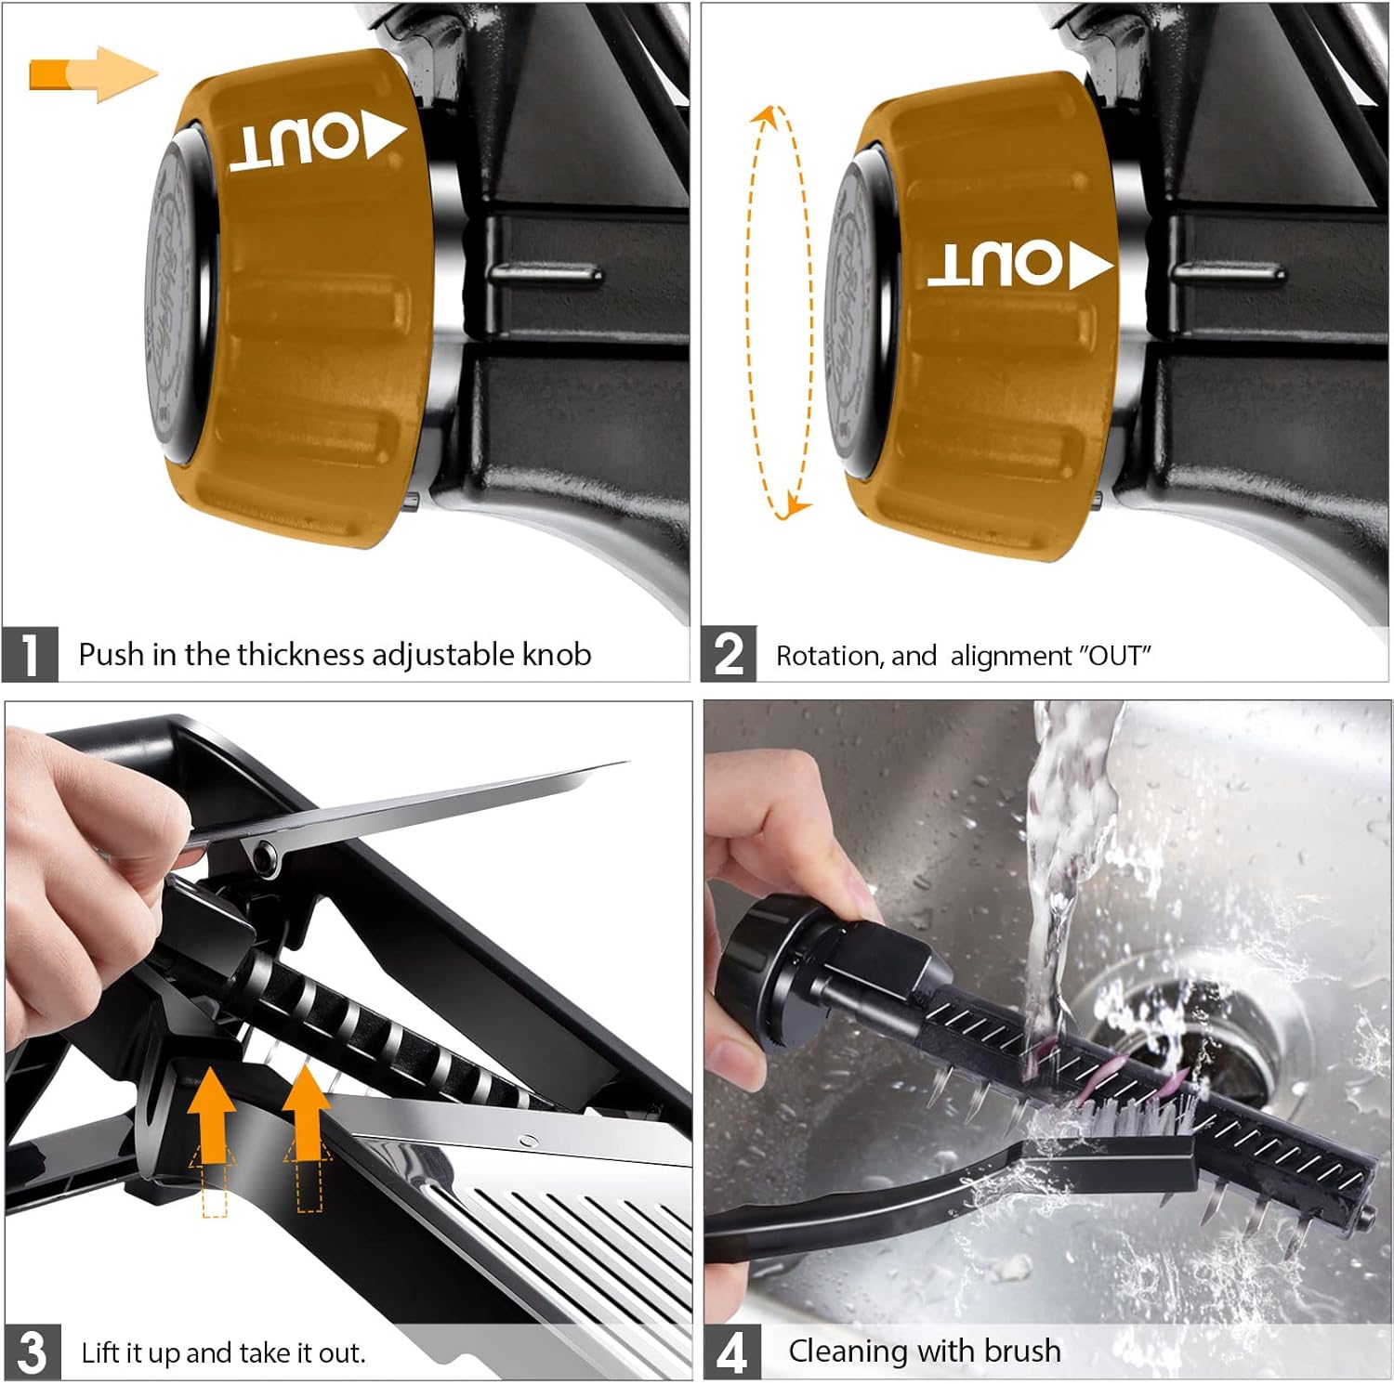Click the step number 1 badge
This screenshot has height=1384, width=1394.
click(30, 655)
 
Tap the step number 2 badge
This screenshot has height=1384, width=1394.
click(729, 655)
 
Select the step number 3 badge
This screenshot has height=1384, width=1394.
click(33, 1351)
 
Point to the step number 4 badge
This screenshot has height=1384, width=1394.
click(731, 1351)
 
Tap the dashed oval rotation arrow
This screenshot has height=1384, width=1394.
click(779, 311)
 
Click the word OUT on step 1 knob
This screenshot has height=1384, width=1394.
click(294, 145)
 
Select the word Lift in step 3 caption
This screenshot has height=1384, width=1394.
click(101, 1352)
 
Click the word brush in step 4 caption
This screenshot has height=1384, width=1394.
click(1021, 1350)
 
